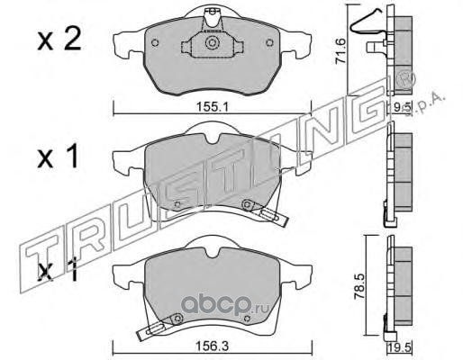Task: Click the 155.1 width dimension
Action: pyautogui.click(x=213, y=107)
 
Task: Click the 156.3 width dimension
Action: pyautogui.click(x=213, y=346)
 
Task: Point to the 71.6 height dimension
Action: pyautogui.click(x=341, y=50)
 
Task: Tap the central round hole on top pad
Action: pyautogui.click(x=212, y=42)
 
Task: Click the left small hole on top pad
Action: pyautogui.click(x=155, y=43)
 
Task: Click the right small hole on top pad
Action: pyautogui.click(x=270, y=43)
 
